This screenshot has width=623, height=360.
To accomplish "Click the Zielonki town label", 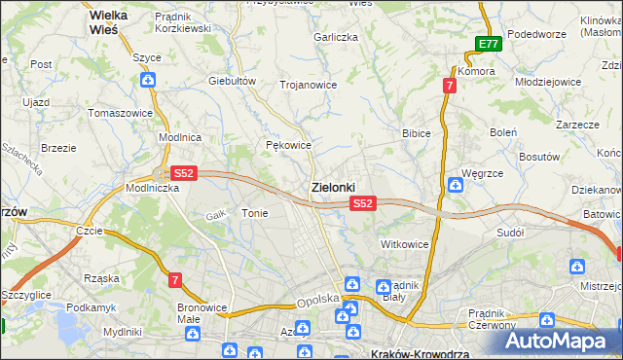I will pyautogui.click(x=333, y=186).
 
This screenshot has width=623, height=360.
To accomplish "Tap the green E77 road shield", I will pyautogui.click(x=489, y=44).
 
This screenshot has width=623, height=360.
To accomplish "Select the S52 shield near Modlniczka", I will pyautogui.click(x=184, y=173).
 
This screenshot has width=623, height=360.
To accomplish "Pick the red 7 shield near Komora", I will pyautogui.click(x=448, y=86).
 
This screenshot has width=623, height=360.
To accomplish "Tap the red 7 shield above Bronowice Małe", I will pyautogui.click(x=175, y=280).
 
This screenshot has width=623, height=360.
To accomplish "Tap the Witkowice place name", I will pyautogui.click(x=405, y=243).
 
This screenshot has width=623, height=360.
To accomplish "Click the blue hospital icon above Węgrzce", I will pyautogui.click(x=455, y=185).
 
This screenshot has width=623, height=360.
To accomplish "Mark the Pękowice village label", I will pyautogui.click(x=288, y=145).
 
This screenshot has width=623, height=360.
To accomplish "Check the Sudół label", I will pyautogui.click(x=510, y=233).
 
